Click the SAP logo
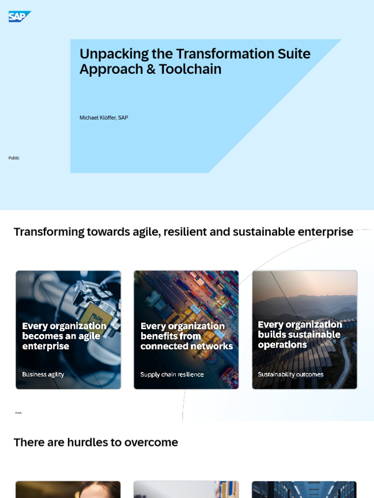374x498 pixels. [x=19, y=17]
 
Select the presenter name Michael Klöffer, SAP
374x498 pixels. [x=104, y=118]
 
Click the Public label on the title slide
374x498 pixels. [x=14, y=158]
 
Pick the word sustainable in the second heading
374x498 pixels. [x=262, y=232]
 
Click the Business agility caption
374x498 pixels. [x=43, y=374]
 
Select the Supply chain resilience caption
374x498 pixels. [x=172, y=374]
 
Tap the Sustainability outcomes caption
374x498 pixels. [x=291, y=374]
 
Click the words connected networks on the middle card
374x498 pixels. [x=187, y=346]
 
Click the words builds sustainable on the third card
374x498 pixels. [x=299, y=335]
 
